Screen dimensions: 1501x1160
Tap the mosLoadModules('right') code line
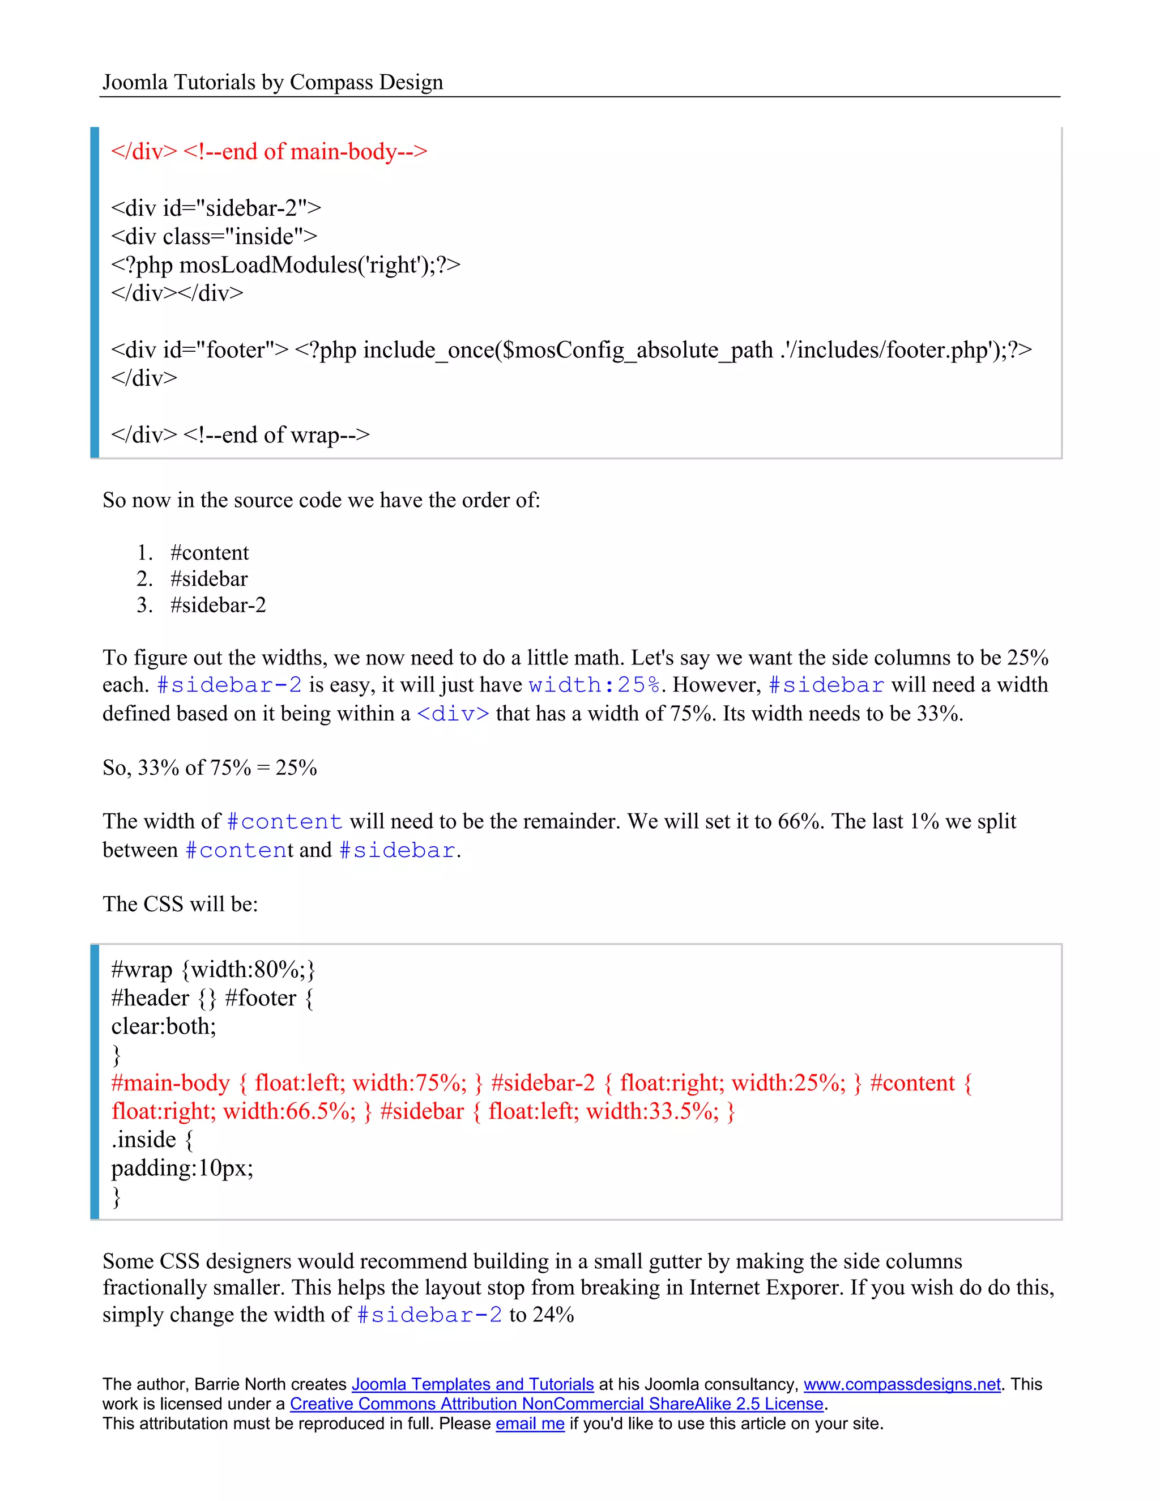(x=285, y=265)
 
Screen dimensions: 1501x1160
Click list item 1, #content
(x=209, y=553)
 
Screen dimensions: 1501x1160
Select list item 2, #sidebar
(x=208, y=579)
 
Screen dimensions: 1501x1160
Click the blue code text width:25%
(x=594, y=685)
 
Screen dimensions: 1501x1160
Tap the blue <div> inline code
(x=453, y=714)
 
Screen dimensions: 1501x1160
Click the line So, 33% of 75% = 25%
(x=210, y=767)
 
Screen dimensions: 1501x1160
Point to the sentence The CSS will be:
(x=180, y=905)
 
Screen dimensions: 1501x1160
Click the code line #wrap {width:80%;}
(x=213, y=970)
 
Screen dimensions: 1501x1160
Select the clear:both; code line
(x=164, y=1027)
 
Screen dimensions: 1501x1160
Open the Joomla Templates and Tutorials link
(x=472, y=1385)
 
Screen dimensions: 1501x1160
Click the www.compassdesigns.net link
(x=902, y=1385)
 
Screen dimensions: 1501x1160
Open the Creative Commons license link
(x=556, y=1404)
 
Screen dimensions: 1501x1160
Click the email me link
(x=530, y=1424)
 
